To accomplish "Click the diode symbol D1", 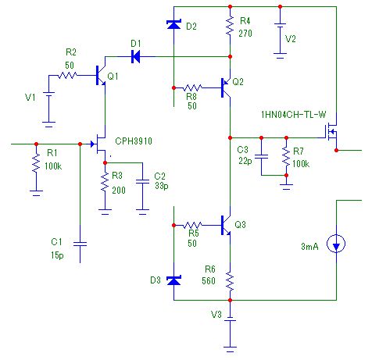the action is point(135,56).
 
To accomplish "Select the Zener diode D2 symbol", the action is point(173,24).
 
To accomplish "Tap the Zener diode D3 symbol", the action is point(173,280).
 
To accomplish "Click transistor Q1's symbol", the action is point(101,76).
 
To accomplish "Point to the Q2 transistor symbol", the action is point(226,87).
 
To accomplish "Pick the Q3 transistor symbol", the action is point(226,225).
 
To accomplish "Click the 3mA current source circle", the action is point(336,244).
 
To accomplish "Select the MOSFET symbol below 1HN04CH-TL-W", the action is point(331,131).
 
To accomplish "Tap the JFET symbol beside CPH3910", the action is point(99,144).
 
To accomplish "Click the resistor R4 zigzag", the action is point(230,26).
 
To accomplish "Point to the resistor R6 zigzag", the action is point(230,281).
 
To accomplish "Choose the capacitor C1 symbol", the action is point(80,244).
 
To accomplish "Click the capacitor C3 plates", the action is point(261,156).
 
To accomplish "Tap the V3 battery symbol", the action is point(230,319).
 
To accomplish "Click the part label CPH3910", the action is point(134,141).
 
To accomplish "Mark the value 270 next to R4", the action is point(245,34).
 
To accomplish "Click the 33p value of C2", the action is point(162,186).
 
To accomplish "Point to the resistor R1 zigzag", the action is point(36,162).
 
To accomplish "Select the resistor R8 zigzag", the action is point(193,87).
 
